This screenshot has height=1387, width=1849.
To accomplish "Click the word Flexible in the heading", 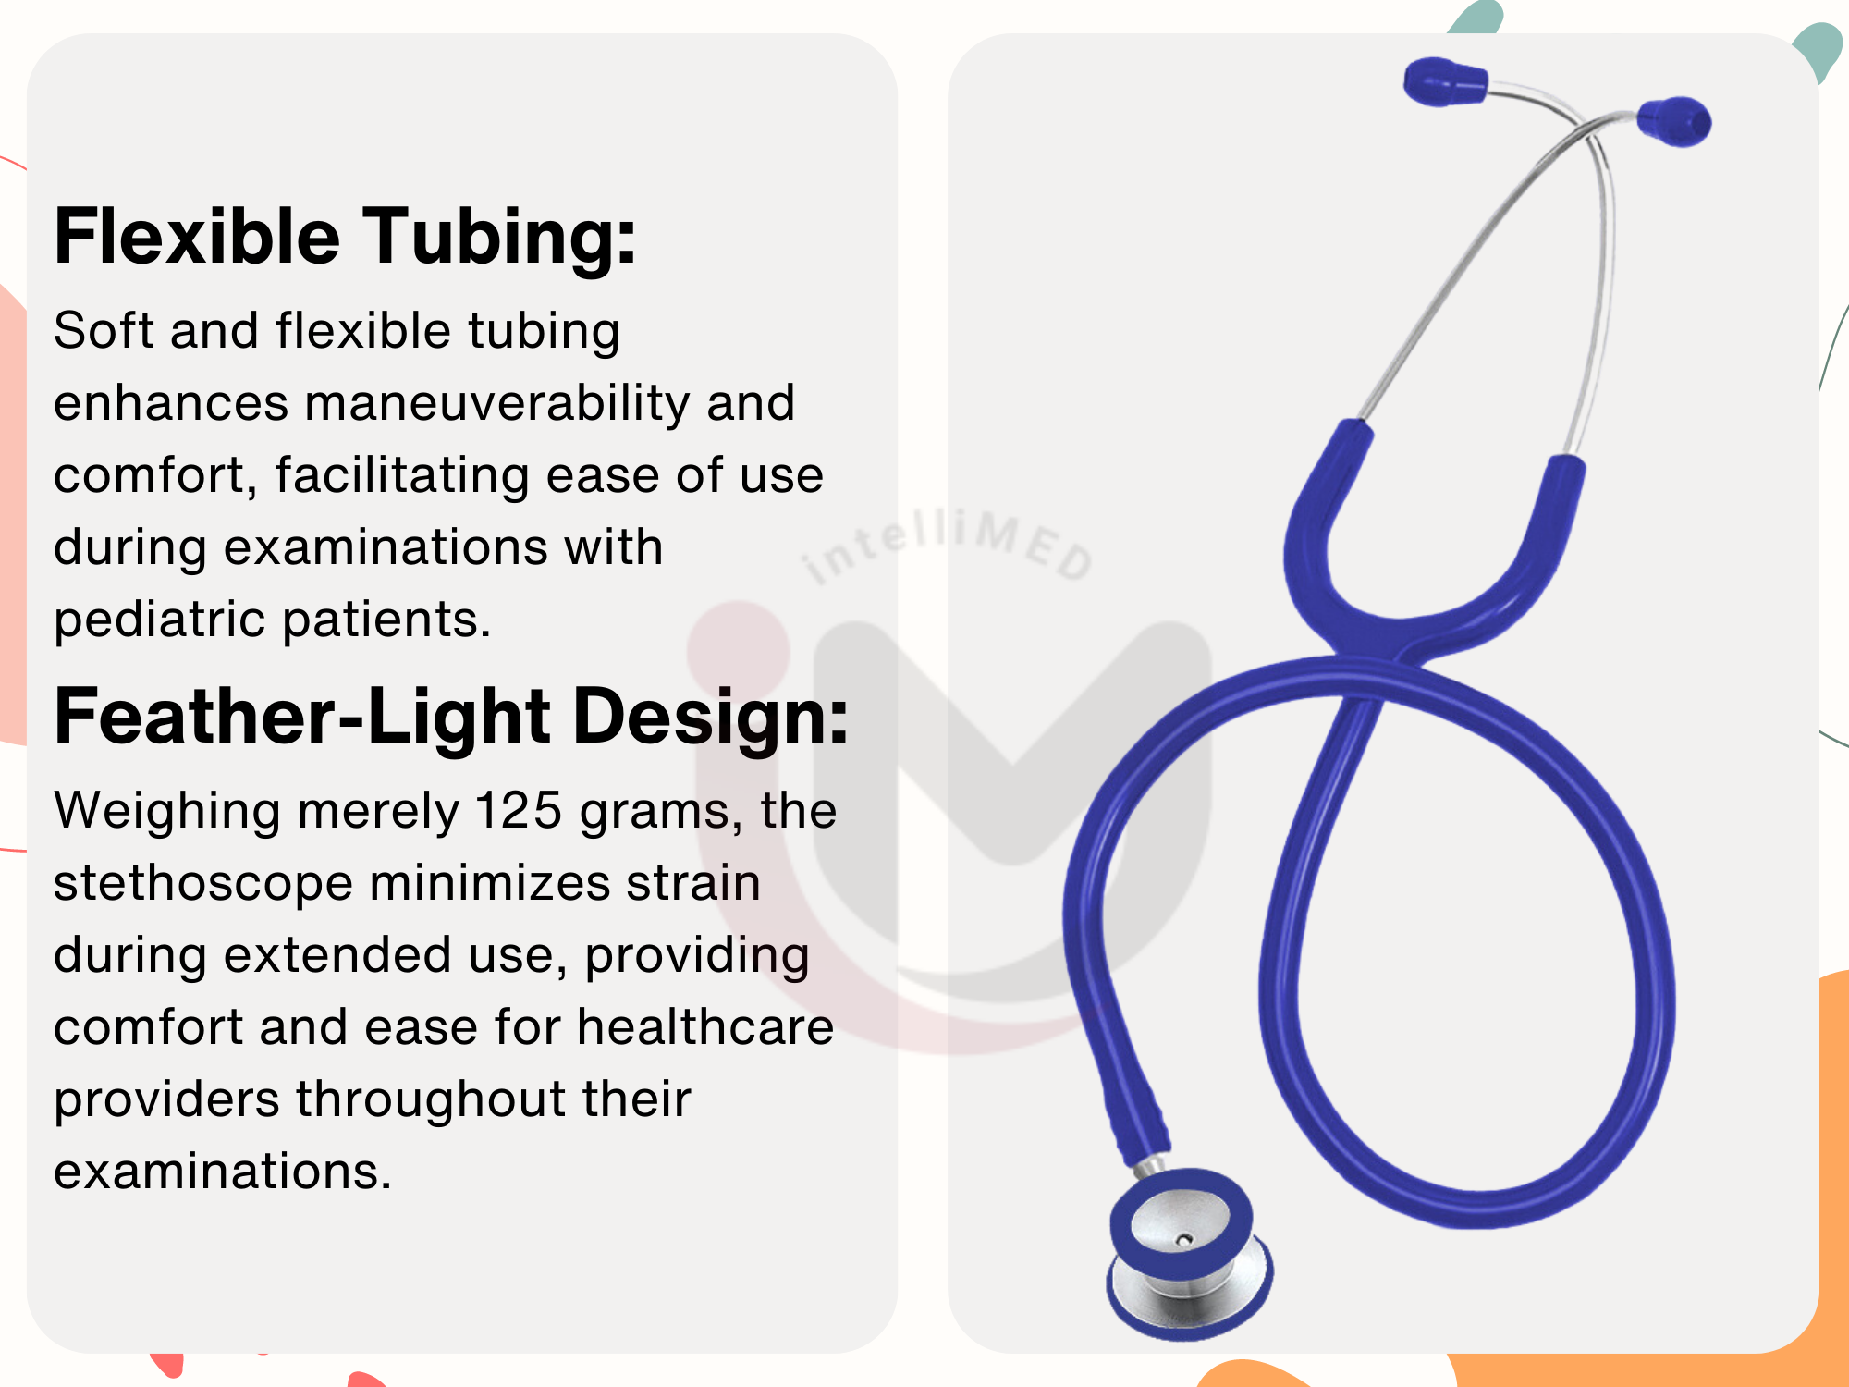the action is click(197, 236).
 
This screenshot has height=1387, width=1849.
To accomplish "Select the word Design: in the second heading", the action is click(711, 718).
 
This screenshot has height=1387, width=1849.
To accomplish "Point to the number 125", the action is click(519, 811).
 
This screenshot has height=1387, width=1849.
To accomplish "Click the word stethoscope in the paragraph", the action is click(203, 885).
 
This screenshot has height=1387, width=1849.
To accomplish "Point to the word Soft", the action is click(104, 330).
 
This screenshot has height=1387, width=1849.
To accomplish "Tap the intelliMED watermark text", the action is click(947, 546).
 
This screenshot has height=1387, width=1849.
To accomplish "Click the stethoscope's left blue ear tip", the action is click(1445, 81).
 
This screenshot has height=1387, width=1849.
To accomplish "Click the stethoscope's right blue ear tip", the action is click(1674, 121).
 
